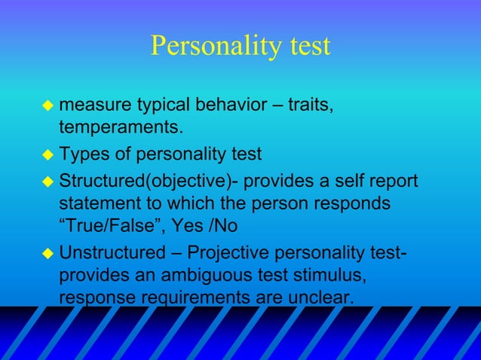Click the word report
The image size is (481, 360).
point(388,182)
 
